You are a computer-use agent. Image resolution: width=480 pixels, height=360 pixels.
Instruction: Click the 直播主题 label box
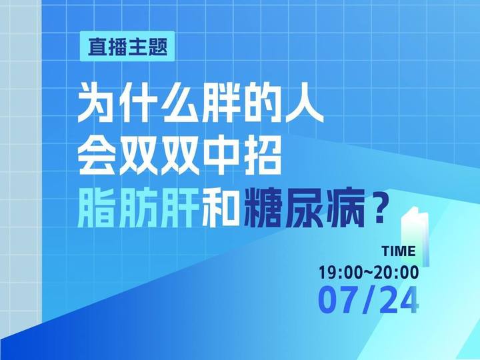point(127,47)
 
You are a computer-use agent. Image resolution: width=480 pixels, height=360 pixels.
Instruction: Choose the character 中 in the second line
point(221,157)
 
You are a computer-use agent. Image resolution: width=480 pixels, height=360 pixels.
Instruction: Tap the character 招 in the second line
point(262,157)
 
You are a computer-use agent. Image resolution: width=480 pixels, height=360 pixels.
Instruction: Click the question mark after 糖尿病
point(379,210)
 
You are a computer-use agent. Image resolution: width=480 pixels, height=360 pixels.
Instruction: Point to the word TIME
point(399,251)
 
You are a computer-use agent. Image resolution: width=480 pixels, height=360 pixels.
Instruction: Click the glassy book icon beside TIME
point(415,236)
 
